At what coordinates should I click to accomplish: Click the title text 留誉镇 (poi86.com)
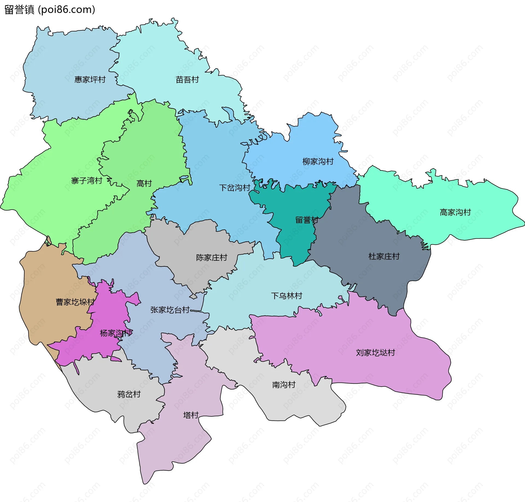click(50, 10)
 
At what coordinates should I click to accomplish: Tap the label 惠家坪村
click(90, 80)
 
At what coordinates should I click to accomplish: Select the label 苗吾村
click(187, 80)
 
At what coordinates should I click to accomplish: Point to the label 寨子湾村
click(87, 181)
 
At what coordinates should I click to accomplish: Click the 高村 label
click(144, 183)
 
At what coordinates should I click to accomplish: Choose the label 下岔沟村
click(235, 188)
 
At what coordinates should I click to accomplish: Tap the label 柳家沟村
click(318, 162)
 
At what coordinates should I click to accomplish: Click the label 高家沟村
click(455, 212)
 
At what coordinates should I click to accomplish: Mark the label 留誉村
click(307, 220)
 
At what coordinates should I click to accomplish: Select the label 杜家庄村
click(384, 256)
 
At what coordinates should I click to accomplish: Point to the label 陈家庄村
click(212, 257)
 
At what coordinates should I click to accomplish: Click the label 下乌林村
click(287, 296)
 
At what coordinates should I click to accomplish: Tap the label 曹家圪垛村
click(75, 302)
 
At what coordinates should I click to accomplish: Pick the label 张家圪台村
click(170, 310)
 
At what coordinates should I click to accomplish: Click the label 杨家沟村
click(116, 333)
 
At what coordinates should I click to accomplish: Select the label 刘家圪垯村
click(375, 353)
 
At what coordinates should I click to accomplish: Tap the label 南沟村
click(284, 385)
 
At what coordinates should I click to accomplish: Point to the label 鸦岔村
click(129, 394)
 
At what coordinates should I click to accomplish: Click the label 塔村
click(191, 415)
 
